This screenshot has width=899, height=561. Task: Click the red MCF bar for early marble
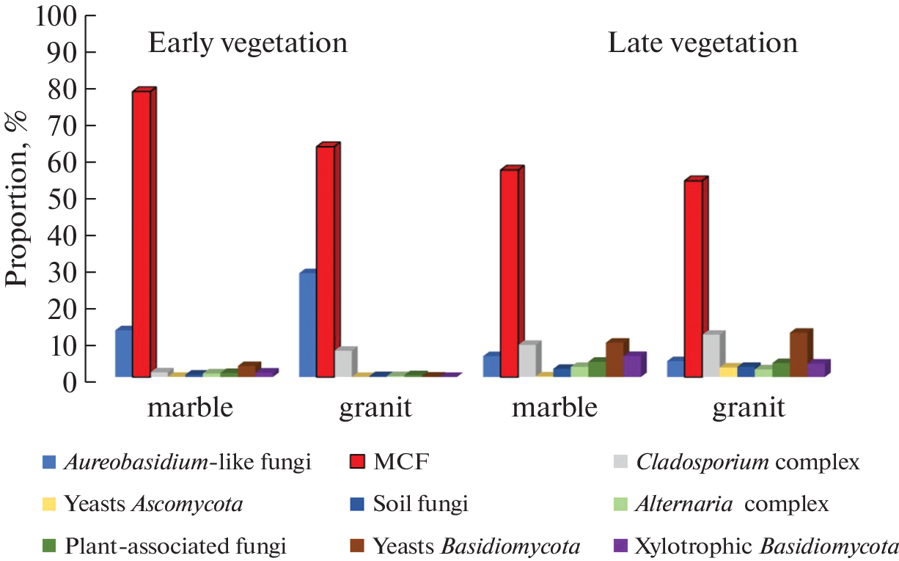(x=141, y=235)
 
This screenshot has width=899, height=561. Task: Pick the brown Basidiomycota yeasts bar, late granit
(x=799, y=355)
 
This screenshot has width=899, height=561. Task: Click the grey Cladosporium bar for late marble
(x=526, y=361)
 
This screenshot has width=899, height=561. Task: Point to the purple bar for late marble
(x=632, y=366)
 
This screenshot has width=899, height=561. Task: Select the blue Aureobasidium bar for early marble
(x=123, y=353)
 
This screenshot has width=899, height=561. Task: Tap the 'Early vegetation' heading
(x=248, y=44)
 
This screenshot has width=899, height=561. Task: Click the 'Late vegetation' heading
(x=702, y=44)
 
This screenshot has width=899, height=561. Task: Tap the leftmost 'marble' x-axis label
(x=191, y=407)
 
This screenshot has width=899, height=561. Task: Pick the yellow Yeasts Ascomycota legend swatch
(x=49, y=505)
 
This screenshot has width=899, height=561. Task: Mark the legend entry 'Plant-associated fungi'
(x=175, y=546)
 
